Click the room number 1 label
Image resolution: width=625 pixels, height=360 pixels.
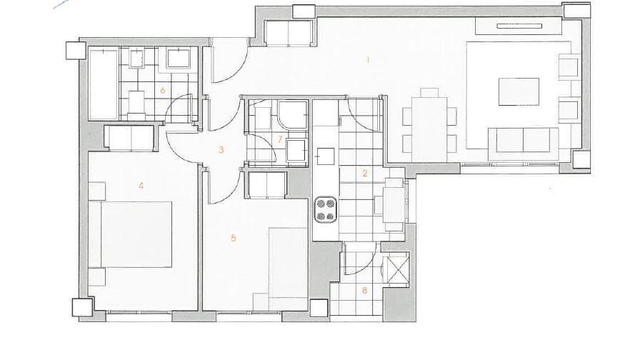click(368, 60)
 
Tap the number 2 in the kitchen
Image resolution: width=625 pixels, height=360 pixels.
click(364, 173)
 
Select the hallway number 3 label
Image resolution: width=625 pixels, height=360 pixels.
click(221, 150)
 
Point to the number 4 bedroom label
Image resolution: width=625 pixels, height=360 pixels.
click(141, 186)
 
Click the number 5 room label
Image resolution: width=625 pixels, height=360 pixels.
click(233, 238)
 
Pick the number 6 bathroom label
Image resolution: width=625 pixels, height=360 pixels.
click(162, 90)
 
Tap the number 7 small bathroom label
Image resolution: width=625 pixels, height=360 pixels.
click(280, 139)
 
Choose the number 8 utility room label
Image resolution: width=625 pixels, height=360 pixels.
click(364, 290)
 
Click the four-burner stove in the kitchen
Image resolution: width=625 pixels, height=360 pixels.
click(325, 209)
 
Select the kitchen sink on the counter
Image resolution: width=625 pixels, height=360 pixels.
click(326, 156)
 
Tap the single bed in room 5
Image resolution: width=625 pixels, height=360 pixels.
click(288, 269)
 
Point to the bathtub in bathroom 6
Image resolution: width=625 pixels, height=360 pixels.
click(104, 84)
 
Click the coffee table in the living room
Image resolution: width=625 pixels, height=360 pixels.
click(519, 91)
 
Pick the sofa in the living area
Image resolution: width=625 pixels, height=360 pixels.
click(524, 140)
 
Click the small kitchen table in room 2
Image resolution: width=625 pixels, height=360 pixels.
click(394, 204)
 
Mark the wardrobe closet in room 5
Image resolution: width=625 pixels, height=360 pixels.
click(266, 185)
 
